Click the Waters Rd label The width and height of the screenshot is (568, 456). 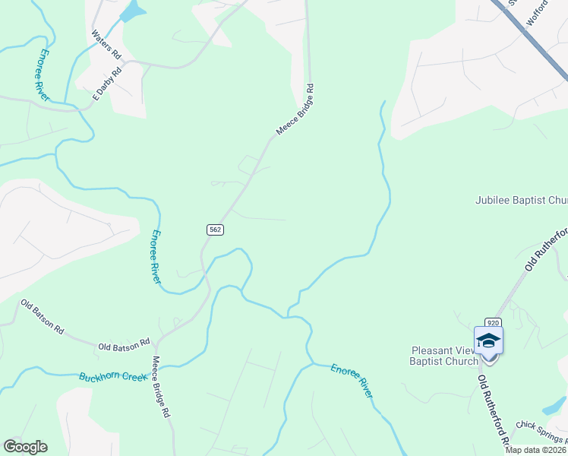click(x=106, y=45)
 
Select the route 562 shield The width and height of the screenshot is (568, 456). click(x=216, y=230)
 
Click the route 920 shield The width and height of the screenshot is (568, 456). click(x=492, y=323)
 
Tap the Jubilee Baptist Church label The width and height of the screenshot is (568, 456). click(x=521, y=201)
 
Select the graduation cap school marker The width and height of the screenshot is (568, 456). click(x=488, y=340)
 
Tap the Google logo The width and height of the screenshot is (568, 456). click(x=25, y=447)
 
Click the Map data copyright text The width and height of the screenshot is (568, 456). click(x=536, y=450)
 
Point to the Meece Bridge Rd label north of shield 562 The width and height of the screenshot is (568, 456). click(x=295, y=110)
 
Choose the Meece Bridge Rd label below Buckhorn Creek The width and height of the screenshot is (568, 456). click(x=159, y=388)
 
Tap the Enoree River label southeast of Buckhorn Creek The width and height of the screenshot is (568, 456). click(x=352, y=380)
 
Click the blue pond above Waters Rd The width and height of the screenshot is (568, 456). click(x=131, y=11)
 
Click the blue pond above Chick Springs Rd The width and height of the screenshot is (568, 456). click(x=556, y=405)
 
